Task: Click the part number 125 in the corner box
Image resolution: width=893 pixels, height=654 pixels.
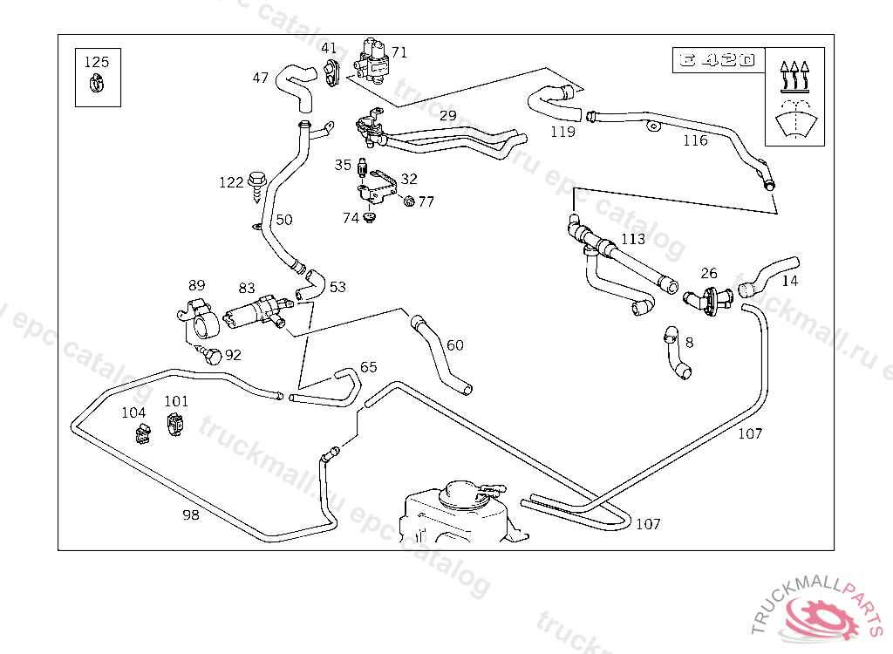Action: [97, 62]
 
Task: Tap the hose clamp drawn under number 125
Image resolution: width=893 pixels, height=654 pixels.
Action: [97, 85]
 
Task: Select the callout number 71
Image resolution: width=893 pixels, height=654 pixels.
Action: [399, 51]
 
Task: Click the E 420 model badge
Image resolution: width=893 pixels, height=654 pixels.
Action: [718, 61]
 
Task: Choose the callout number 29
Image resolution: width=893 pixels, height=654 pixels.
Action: [447, 115]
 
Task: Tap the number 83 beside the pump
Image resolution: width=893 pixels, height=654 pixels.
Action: [247, 288]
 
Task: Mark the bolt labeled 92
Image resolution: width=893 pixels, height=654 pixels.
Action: [210, 354]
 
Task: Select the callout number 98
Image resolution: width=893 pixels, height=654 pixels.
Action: [191, 514]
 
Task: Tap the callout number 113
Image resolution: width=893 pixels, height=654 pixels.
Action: [633, 239]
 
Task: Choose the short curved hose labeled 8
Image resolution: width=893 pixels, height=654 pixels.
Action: [677, 354]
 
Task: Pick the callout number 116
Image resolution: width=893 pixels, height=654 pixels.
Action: [695, 140]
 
